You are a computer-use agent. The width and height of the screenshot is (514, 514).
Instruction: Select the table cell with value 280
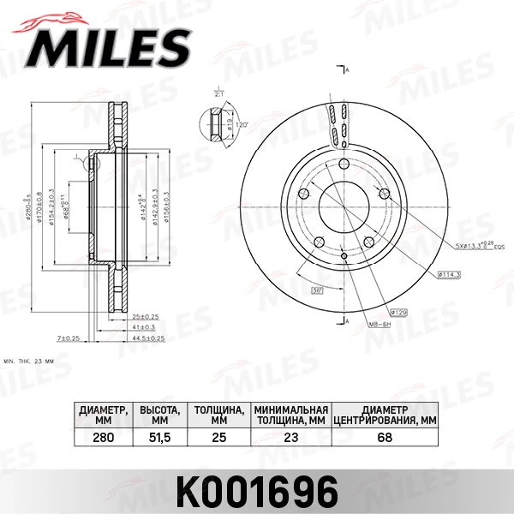(x=103, y=437)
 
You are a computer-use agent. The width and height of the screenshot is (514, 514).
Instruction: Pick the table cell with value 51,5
(x=158, y=437)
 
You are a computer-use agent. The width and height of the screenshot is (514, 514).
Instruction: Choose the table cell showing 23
(x=291, y=437)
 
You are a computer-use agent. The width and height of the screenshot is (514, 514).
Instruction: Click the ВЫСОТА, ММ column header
(x=158, y=415)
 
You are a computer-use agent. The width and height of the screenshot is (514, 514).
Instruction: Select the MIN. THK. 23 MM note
(x=29, y=362)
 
